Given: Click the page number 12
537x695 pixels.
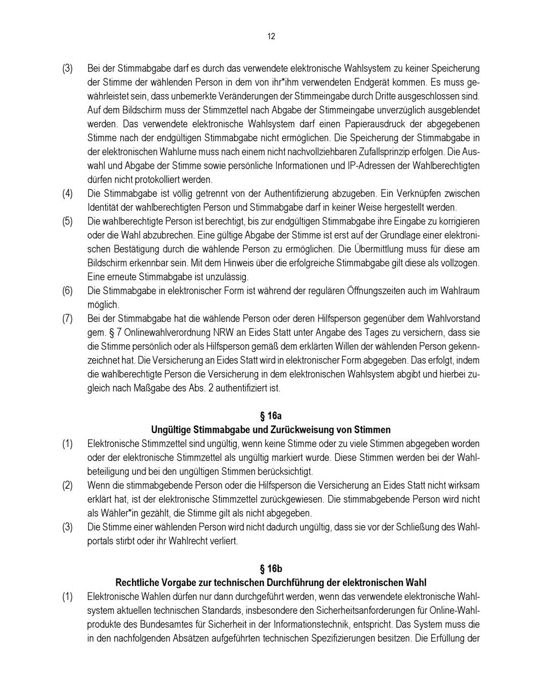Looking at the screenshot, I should coord(271,37).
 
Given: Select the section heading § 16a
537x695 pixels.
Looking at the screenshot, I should coord(271,416).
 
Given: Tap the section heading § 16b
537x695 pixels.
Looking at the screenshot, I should coord(271,569).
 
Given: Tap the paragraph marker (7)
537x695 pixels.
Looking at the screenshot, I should coord(67,319).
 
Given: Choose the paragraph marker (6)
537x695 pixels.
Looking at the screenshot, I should coord(67,291).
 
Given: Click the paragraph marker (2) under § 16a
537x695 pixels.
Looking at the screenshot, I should coord(67,486).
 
